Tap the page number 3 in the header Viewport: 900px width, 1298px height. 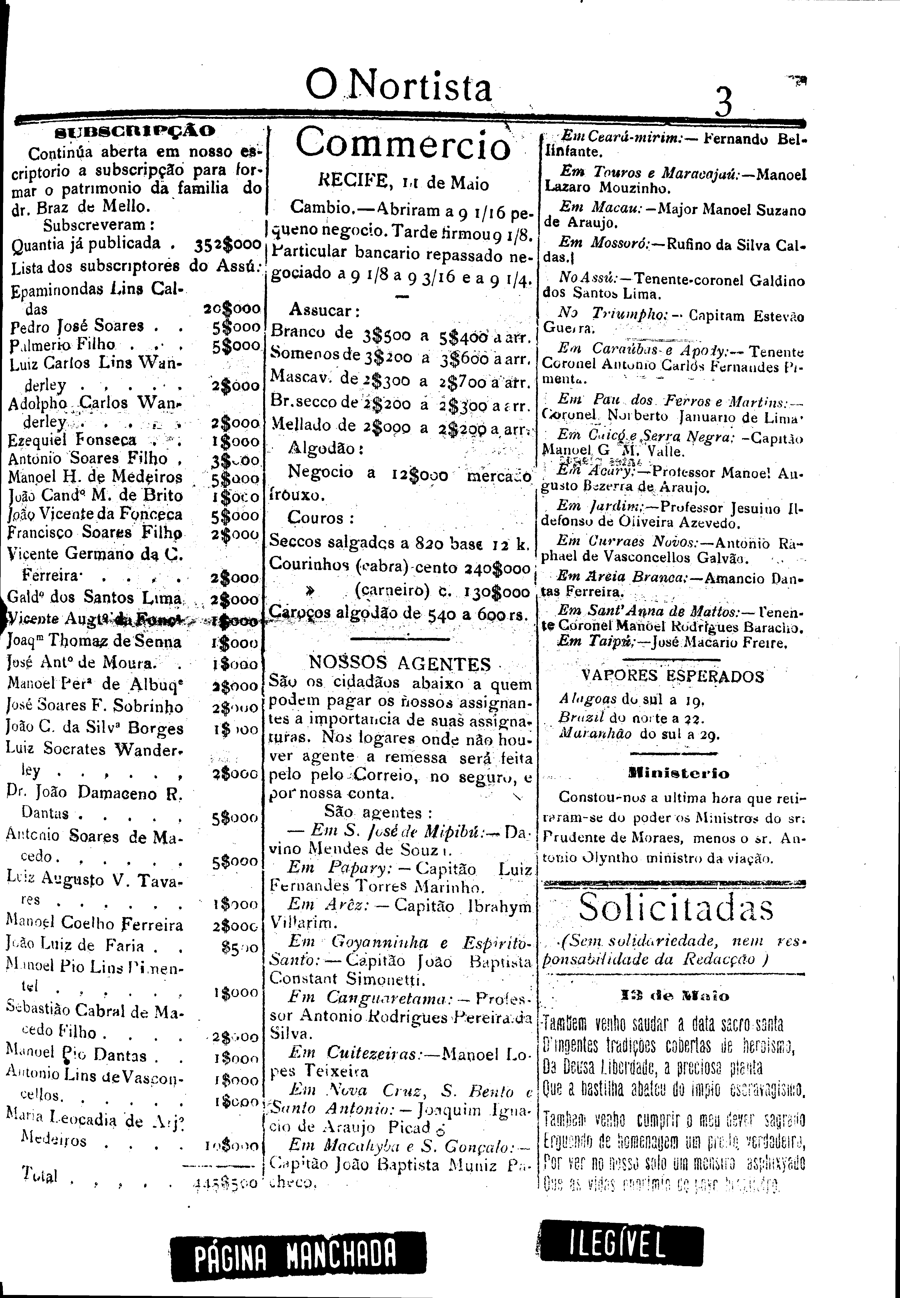723,100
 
